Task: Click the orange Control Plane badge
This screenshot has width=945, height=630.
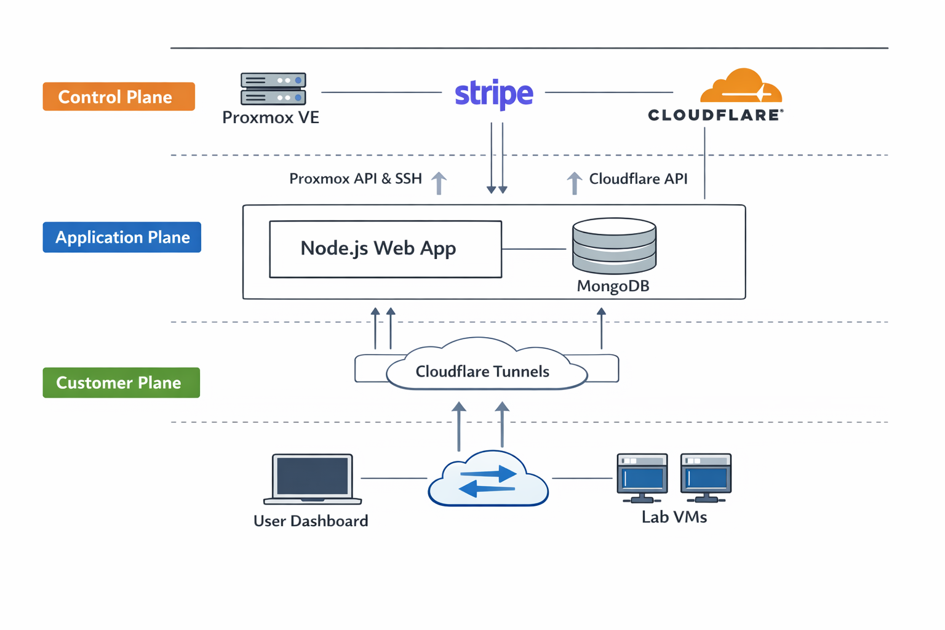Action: click(119, 97)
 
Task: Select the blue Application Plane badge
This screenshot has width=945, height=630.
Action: click(122, 237)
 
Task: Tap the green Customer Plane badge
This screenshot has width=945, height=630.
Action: click(121, 383)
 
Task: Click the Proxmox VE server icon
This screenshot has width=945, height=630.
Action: click(273, 89)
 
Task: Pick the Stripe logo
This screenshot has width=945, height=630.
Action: click(493, 94)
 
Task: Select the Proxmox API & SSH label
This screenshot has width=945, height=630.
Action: click(356, 179)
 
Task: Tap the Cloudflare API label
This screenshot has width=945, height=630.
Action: click(638, 179)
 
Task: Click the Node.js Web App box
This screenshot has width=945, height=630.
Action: click(385, 249)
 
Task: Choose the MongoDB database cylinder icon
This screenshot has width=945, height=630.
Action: click(614, 245)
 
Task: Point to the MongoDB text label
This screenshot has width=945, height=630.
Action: click(613, 286)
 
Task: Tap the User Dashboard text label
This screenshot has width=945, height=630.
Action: click(311, 521)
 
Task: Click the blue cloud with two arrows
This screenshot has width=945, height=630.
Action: click(488, 480)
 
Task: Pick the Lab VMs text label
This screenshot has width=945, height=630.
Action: click(674, 517)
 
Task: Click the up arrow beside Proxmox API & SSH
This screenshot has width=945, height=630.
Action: click(439, 183)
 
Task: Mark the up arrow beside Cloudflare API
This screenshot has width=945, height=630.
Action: click(574, 183)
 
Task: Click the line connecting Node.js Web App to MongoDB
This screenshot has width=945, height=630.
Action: click(534, 249)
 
